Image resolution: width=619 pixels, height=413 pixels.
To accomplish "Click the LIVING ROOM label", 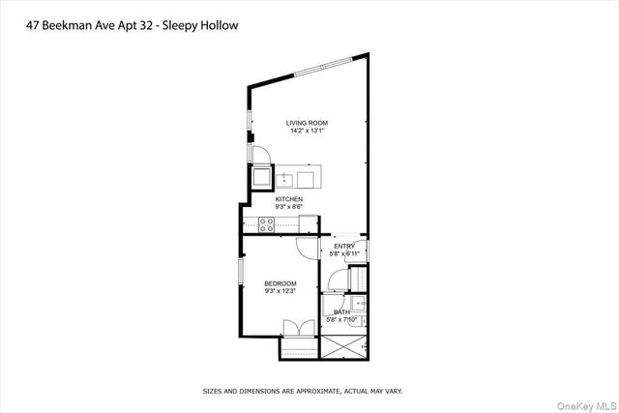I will click(307, 123).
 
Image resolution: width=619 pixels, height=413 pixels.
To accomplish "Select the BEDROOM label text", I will click(280, 283).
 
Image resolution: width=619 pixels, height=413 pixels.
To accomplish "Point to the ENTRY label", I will click(345, 246).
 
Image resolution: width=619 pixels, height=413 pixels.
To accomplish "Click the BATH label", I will click(341, 311).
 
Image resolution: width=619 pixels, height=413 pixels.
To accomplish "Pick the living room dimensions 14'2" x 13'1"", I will click(307, 131).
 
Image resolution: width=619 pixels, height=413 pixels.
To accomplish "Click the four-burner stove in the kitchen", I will click(265, 224).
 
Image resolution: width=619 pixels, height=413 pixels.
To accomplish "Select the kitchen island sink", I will click(285, 179).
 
